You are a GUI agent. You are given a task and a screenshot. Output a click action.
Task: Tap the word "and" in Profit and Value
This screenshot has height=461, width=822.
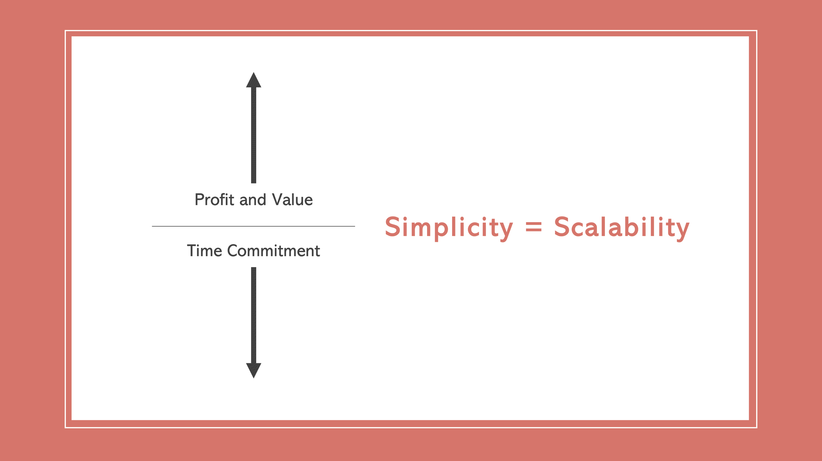(x=253, y=200)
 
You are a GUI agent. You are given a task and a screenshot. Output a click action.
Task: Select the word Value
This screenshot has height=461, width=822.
(x=292, y=200)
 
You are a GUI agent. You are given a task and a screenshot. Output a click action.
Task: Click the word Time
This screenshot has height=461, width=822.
(x=204, y=251)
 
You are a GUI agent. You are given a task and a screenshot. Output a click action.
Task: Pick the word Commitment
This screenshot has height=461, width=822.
(x=274, y=251)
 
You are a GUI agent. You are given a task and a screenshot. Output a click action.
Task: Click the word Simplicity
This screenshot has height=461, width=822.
(x=449, y=227)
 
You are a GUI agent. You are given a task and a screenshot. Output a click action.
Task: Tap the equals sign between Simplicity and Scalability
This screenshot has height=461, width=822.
(x=533, y=227)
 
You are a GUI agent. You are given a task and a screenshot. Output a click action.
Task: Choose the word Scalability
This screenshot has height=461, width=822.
(x=621, y=227)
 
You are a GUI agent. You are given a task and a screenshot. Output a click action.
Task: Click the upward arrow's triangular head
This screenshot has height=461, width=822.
(x=254, y=81)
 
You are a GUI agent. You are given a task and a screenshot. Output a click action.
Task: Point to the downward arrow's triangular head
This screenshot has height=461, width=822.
(x=254, y=370)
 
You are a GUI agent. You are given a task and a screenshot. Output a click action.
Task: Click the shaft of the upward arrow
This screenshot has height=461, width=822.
(x=254, y=135)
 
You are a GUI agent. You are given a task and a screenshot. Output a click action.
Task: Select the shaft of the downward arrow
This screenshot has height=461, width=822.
(x=254, y=315)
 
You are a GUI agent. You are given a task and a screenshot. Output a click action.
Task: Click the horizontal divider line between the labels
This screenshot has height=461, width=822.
(x=253, y=226)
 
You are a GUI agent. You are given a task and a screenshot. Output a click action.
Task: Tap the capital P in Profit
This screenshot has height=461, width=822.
(x=200, y=200)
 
